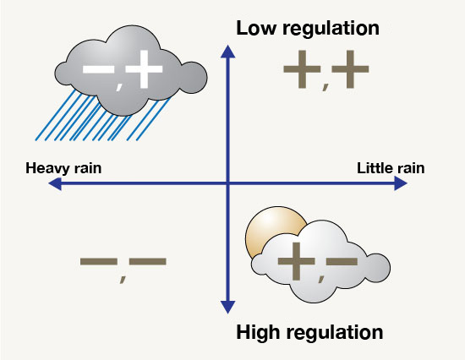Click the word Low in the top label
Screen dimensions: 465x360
point(257,28)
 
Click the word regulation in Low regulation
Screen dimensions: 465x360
point(331,30)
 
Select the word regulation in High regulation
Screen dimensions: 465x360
point(335,333)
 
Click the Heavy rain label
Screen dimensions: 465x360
point(63,168)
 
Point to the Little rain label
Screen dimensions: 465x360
point(391,168)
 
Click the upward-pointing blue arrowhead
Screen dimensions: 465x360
point(227,52)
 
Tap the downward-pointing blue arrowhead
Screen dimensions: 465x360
point(227,308)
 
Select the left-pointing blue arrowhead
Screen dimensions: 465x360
point(55,184)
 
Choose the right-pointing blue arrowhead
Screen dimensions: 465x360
point(401,183)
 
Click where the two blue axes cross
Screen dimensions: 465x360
point(227,184)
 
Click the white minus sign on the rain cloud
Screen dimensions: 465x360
point(98,69)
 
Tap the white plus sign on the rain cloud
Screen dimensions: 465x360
point(144,69)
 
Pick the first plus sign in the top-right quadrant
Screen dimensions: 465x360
point(302,69)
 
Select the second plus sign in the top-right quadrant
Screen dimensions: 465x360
point(350,69)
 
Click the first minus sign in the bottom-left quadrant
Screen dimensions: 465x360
point(99,261)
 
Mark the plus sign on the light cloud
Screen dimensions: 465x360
point(296,261)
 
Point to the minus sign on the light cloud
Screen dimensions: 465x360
point(342,261)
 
